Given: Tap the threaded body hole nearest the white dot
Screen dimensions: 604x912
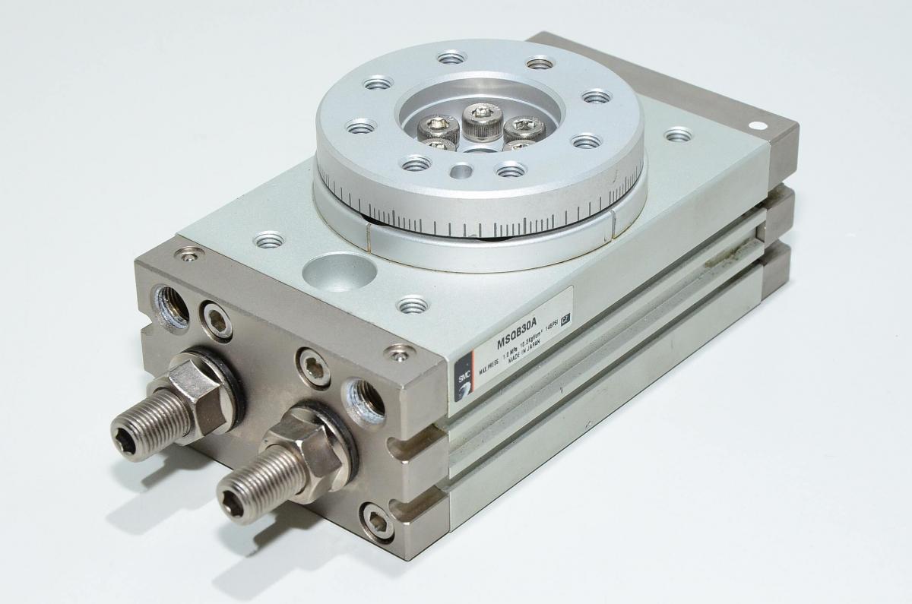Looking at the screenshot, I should [678, 135].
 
